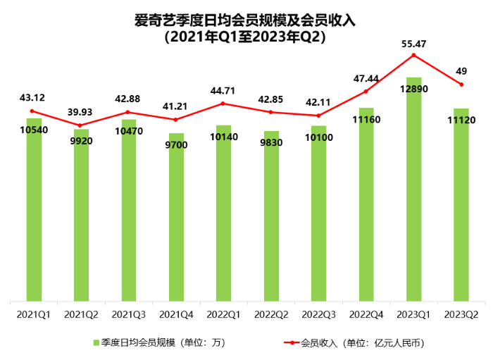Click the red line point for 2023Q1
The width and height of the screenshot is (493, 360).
coord(413,55)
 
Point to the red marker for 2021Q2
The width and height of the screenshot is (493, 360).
coord(80,125)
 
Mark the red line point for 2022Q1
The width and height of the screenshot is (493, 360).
coord(223,104)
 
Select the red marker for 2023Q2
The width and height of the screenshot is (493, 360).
coord(461,85)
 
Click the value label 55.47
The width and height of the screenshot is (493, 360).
coord(413,44)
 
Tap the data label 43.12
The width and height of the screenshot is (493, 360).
coord(32,97)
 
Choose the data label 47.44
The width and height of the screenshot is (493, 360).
coord(366,78)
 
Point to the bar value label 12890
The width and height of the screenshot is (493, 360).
coord(413,88)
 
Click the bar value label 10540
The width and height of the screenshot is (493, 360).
coord(32,129)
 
